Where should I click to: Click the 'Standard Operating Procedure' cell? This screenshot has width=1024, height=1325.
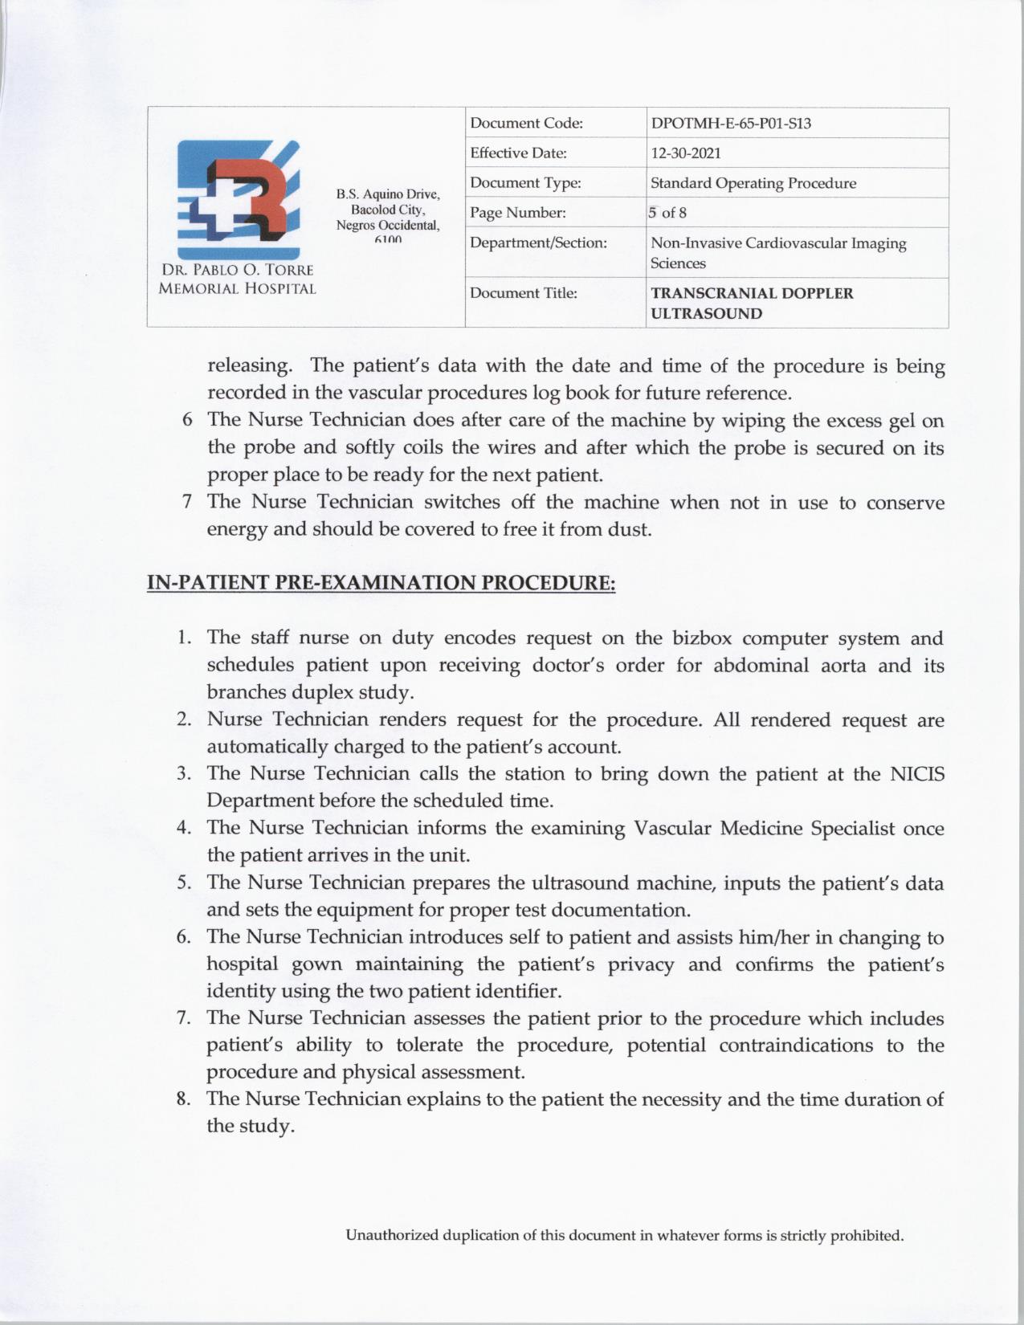(x=753, y=183)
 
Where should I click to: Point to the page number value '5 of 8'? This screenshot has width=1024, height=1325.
(x=668, y=213)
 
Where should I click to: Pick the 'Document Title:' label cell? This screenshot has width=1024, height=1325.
(x=524, y=293)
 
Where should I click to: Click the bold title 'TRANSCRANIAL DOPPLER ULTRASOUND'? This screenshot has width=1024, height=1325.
(x=752, y=303)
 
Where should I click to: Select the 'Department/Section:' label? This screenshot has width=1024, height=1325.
(x=538, y=243)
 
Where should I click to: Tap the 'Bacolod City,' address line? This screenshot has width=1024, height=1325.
(x=388, y=209)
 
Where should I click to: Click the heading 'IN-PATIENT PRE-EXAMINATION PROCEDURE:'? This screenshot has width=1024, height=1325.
(x=381, y=582)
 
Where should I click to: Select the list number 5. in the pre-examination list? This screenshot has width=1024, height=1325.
(x=184, y=883)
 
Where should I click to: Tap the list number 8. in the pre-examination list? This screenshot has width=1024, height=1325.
(x=184, y=1099)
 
